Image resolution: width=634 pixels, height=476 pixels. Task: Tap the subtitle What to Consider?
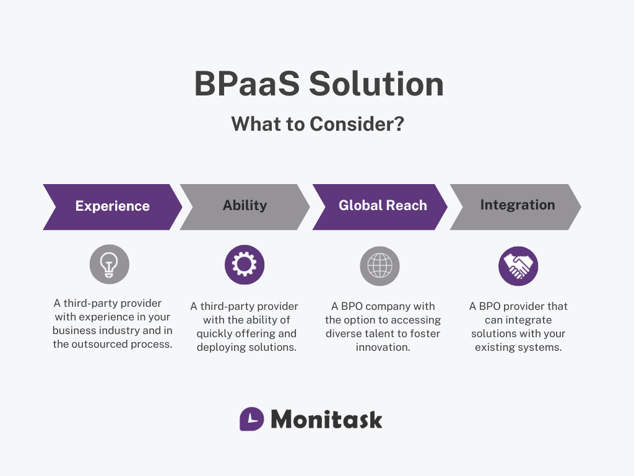click(318, 124)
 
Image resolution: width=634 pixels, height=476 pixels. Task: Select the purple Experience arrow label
click(112, 206)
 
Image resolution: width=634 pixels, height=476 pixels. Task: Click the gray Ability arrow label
click(245, 206)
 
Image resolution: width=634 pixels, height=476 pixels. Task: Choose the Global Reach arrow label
click(383, 206)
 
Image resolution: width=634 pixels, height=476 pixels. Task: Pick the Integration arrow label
click(518, 205)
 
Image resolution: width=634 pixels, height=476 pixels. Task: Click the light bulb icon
click(110, 265)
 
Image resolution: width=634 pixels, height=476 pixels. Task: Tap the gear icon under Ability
click(245, 265)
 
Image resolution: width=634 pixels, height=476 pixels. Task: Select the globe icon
click(380, 265)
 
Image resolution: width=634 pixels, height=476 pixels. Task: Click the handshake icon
click(518, 266)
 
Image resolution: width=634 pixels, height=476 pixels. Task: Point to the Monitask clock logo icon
click(251, 419)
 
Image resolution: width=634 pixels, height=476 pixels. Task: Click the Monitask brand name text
click(326, 420)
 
